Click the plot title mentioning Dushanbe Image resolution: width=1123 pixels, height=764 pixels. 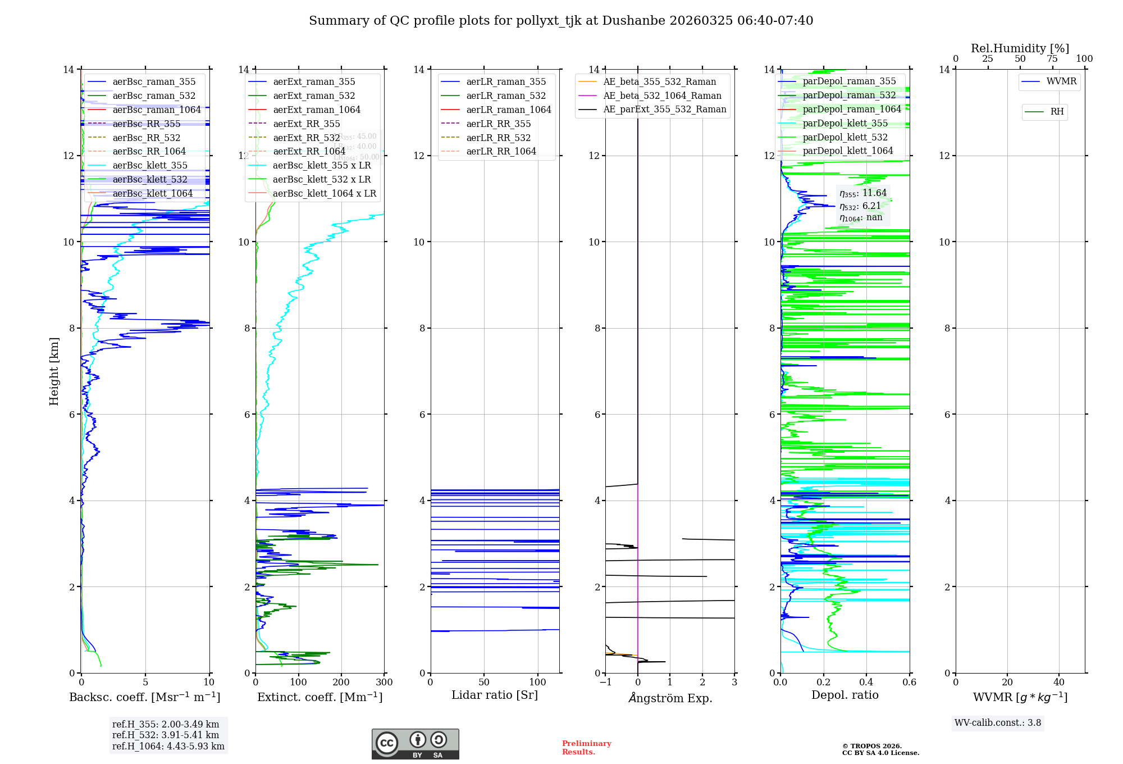[x=561, y=21]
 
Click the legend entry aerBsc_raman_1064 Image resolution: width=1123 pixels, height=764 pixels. [x=157, y=110]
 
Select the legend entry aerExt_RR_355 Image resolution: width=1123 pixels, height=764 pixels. [x=306, y=124]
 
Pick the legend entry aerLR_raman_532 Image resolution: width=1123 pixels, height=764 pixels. [x=506, y=95]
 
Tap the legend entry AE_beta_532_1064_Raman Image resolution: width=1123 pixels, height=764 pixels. [x=662, y=95]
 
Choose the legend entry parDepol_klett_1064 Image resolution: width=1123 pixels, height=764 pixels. [x=847, y=151]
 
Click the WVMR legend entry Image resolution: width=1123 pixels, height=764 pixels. [x=1061, y=81]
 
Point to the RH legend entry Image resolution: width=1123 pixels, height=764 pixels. [x=1057, y=112]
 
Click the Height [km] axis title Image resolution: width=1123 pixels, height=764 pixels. [x=54, y=371]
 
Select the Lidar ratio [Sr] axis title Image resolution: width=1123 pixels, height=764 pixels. [x=495, y=695]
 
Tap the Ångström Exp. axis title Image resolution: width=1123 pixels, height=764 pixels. [x=670, y=698]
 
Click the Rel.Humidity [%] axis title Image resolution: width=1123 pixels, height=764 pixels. [x=1020, y=48]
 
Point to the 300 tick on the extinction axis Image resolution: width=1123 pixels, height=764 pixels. [x=384, y=683]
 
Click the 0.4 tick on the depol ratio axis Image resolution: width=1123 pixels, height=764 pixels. [x=866, y=683]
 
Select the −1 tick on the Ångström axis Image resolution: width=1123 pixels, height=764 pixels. [x=605, y=683]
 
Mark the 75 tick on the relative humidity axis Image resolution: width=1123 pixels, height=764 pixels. [x=1052, y=59]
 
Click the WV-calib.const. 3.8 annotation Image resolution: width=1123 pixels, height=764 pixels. [x=998, y=723]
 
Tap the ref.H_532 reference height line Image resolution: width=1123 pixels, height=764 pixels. [x=166, y=735]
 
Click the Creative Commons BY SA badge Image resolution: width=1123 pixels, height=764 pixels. [x=415, y=744]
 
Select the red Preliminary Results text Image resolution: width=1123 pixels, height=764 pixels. [x=586, y=747]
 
